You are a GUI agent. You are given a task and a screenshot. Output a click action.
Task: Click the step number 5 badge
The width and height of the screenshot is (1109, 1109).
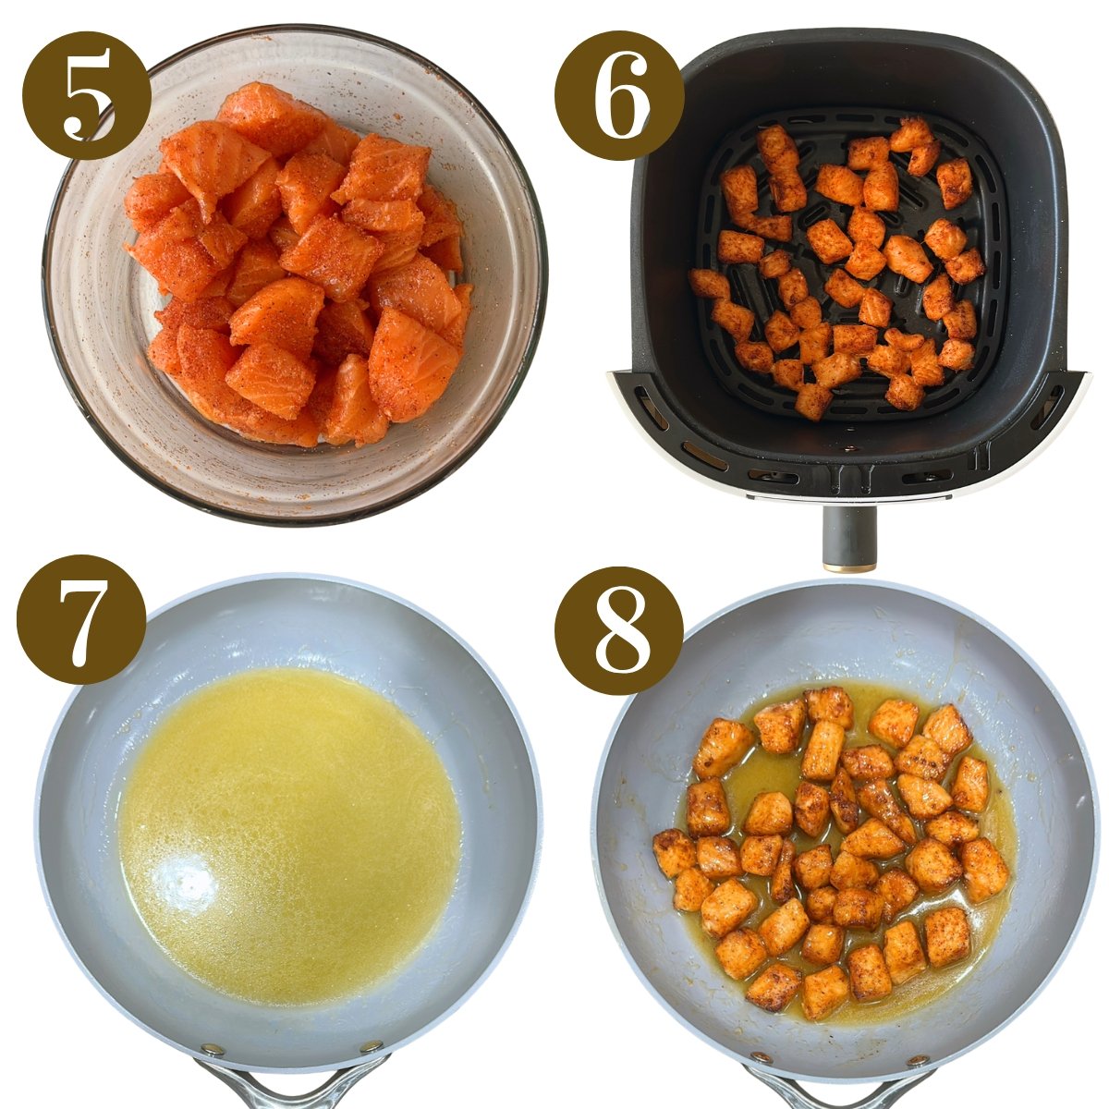point(86,95)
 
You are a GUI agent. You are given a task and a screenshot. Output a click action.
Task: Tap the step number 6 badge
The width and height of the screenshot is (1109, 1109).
point(618,95)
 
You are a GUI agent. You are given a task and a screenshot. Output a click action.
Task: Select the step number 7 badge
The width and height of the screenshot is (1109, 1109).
point(81,618)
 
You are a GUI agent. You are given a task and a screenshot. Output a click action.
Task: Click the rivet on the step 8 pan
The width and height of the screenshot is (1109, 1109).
point(761,1057)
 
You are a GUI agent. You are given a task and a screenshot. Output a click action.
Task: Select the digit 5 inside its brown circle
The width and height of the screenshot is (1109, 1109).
point(86,95)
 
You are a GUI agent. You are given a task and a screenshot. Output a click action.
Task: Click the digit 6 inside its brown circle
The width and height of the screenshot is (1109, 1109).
point(618,95)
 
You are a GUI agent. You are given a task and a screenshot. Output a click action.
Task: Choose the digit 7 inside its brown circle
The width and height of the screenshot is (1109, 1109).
point(81,618)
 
